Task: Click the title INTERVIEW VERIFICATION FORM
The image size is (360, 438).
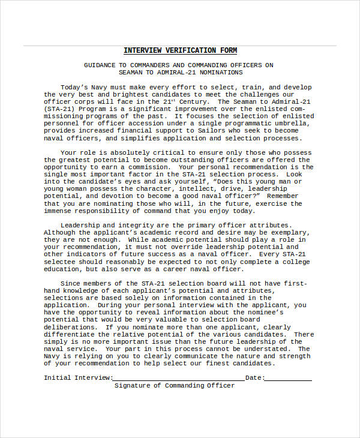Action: pos(180,50)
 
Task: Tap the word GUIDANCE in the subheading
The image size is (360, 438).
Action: pos(103,65)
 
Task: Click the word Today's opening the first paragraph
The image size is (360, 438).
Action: pos(75,87)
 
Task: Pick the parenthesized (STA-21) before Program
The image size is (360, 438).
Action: pos(59,109)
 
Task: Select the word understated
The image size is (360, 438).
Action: pos(269,349)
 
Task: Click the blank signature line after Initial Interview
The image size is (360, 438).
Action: pos(178,379)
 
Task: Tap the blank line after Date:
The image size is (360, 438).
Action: pos(288,379)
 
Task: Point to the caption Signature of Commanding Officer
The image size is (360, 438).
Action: pos(175,385)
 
